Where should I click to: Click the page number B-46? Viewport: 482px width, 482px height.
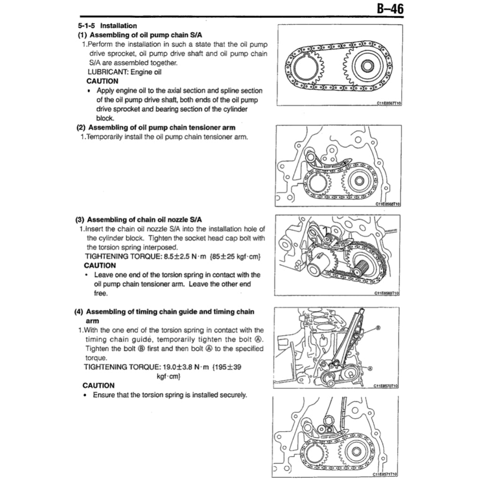(390, 8)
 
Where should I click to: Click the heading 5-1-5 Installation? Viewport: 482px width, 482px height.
(107, 26)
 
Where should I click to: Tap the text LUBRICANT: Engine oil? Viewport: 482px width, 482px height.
(124, 72)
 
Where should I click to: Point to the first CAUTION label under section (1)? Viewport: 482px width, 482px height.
(103, 81)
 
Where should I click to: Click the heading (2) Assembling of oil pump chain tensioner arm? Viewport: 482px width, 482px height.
(156, 128)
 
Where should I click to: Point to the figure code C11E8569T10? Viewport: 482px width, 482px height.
(386, 293)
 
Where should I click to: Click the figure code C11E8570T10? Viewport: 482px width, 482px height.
(386, 385)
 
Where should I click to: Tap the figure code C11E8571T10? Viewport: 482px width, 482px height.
(385, 474)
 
